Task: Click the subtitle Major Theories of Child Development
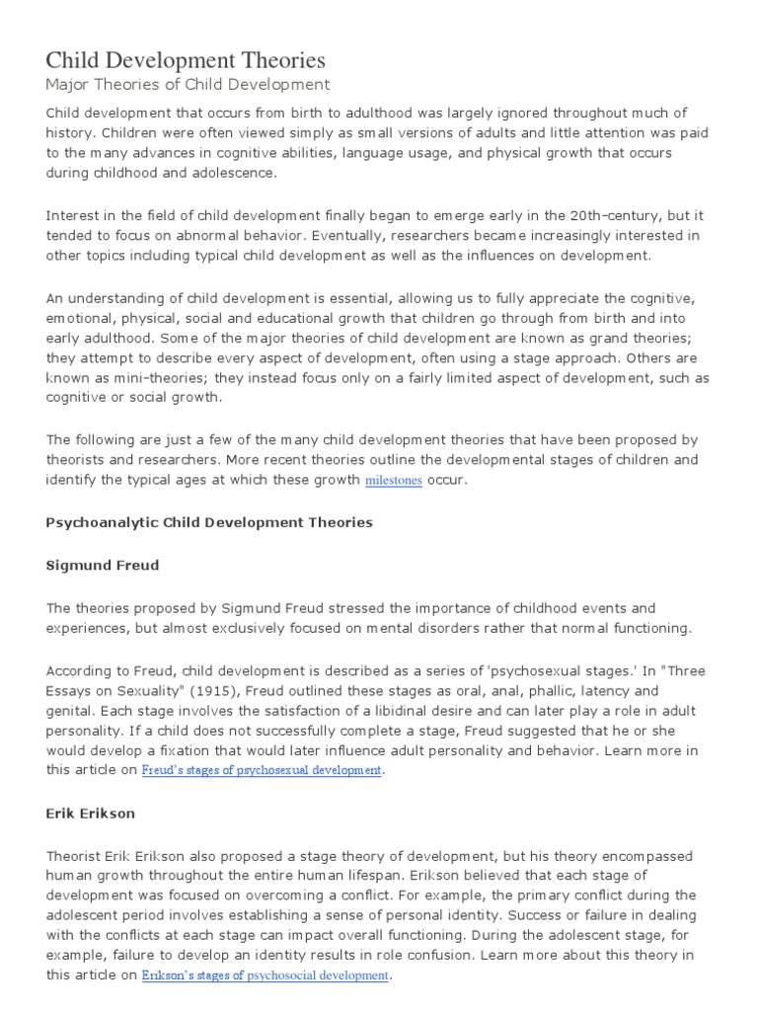click(x=189, y=85)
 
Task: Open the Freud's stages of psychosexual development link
click(x=262, y=770)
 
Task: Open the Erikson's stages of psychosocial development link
click(x=265, y=975)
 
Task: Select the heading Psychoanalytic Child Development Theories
click(x=209, y=522)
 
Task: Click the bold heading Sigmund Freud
click(x=103, y=566)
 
